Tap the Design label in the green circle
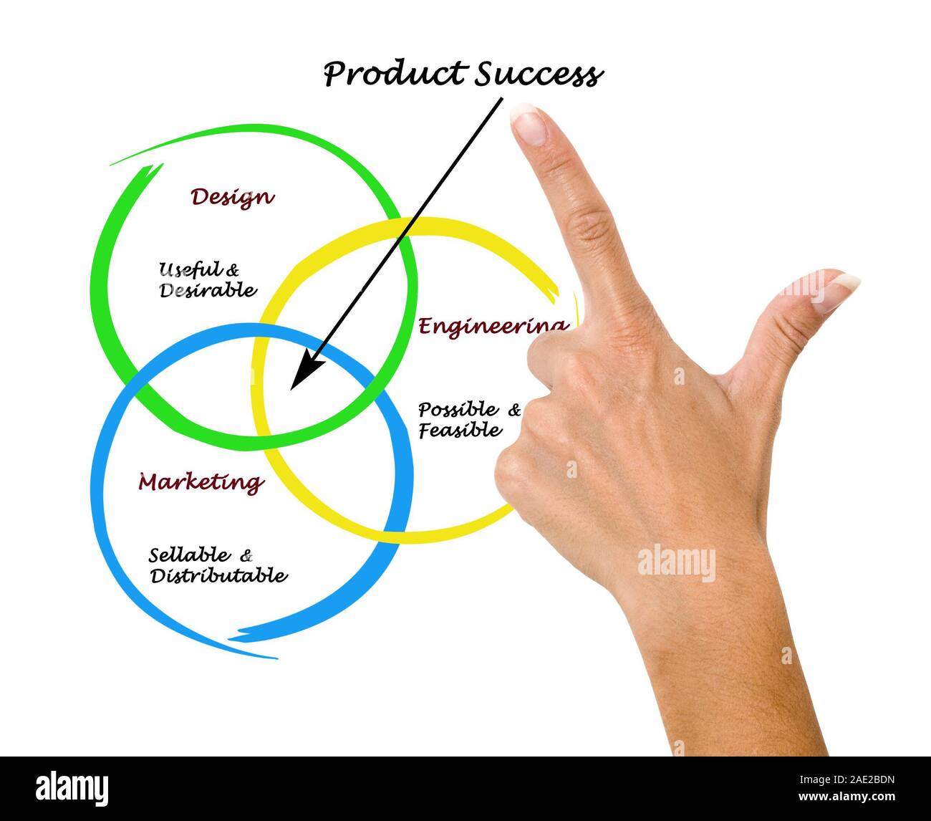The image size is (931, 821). (x=232, y=197)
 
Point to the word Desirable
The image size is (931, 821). (x=207, y=290)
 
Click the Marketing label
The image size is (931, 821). (x=201, y=482)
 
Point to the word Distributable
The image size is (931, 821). (x=218, y=575)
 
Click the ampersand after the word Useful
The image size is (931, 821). (x=233, y=270)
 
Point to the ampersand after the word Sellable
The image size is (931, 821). (x=246, y=555)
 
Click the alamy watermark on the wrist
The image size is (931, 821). (x=676, y=562)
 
